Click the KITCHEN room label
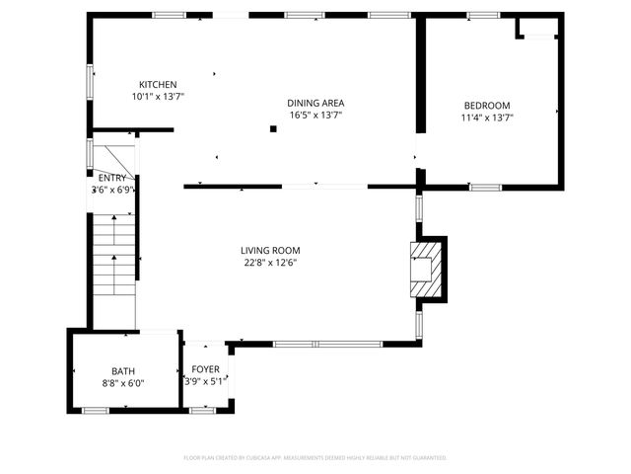[x=158, y=85]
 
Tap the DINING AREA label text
[x=315, y=103]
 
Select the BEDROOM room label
[x=486, y=106]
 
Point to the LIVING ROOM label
[x=270, y=251]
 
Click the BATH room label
[x=123, y=371]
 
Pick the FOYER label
[x=205, y=369]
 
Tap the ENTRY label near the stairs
[x=111, y=178]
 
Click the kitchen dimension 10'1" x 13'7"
[x=158, y=97]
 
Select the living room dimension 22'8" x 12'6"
[x=270, y=263]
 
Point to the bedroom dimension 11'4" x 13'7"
[x=486, y=118]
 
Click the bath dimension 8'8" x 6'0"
[x=123, y=383]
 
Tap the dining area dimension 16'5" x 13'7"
[x=315, y=115]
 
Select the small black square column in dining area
[x=273, y=128]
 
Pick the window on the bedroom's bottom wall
[x=484, y=187]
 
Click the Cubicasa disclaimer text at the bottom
[x=315, y=458]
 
